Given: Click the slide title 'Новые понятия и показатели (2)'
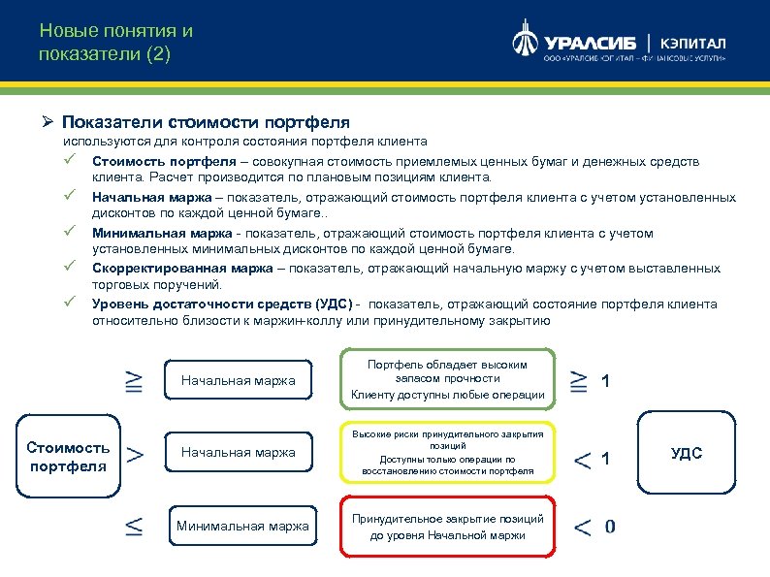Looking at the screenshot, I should pyautogui.click(x=116, y=43).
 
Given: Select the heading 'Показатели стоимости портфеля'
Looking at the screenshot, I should pyautogui.click(x=206, y=123).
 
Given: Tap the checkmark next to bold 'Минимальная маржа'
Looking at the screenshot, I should pyautogui.click(x=70, y=233).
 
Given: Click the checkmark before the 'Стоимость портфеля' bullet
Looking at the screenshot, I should pyautogui.click(x=70, y=161).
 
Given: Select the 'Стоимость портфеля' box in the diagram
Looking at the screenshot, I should pyautogui.click(x=69, y=456).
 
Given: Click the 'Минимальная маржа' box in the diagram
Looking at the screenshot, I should pyautogui.click(x=243, y=527).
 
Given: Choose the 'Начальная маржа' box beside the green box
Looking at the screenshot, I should pyautogui.click(x=238, y=380).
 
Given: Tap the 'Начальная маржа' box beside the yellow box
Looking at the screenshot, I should pyautogui.click(x=238, y=452).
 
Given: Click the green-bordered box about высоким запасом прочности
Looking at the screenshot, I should pyautogui.click(x=447, y=379).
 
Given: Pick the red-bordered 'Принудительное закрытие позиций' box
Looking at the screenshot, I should pyautogui.click(x=447, y=527).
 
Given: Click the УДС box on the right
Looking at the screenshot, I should pyautogui.click(x=686, y=454).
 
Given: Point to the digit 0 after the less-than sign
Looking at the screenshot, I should pyautogui.click(x=609, y=527).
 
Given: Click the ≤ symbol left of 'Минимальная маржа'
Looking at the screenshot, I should pyautogui.click(x=136, y=527).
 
